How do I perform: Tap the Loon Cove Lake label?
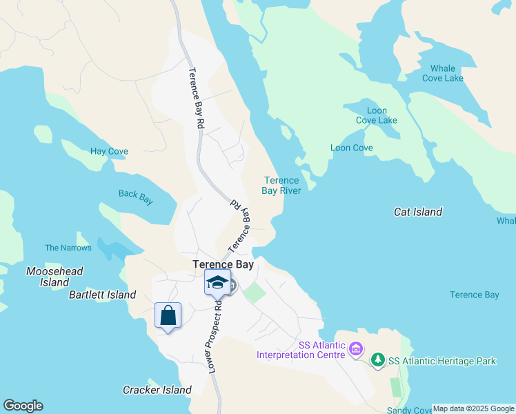point(377,115)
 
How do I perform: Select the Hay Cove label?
point(109,151)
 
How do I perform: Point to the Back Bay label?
point(135,197)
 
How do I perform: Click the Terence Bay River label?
point(281,186)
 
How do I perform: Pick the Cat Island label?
point(417,212)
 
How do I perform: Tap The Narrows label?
point(68,248)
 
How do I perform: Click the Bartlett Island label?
point(102,295)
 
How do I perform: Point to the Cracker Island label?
point(157,390)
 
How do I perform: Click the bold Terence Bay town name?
point(223,264)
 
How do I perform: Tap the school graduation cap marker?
point(217,282)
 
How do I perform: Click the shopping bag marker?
point(168,316)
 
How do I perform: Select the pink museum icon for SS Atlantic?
point(356,350)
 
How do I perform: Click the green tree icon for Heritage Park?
point(377,360)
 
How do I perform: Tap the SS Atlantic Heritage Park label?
point(441,361)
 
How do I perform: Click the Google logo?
point(23,406)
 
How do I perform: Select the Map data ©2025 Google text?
point(473,408)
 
